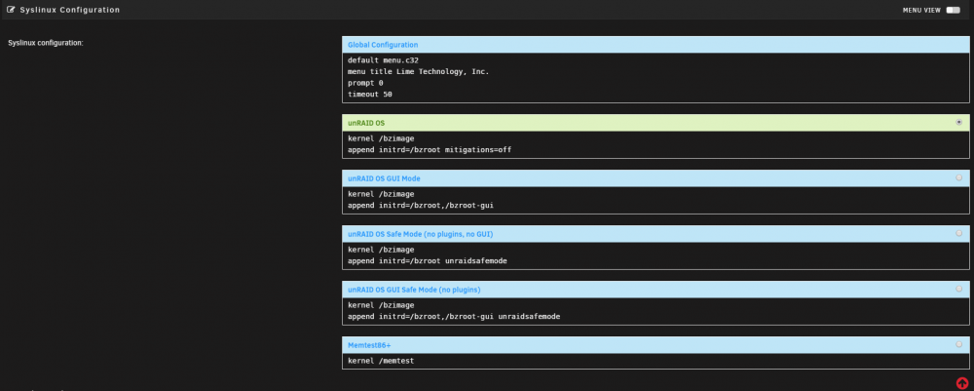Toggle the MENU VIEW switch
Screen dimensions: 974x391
(x=953, y=10)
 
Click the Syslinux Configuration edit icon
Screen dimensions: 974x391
(x=11, y=10)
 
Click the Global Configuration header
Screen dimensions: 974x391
(x=383, y=45)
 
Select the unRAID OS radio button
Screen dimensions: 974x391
(x=959, y=123)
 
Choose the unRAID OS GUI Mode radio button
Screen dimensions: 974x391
(x=959, y=177)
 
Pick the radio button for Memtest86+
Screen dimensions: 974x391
(x=959, y=344)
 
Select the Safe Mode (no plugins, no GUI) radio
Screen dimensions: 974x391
(x=959, y=233)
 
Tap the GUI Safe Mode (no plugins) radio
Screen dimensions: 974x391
(x=959, y=289)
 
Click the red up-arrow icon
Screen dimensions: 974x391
(x=962, y=383)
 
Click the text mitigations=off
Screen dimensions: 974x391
(x=478, y=150)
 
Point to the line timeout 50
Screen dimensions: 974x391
(x=370, y=95)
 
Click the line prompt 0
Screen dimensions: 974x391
(x=366, y=83)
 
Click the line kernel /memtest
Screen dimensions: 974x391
(x=381, y=361)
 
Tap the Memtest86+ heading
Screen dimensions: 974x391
(x=369, y=344)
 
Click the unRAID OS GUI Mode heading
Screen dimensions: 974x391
(x=384, y=178)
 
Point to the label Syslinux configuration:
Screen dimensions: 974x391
(x=46, y=43)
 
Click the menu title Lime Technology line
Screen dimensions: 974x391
(x=419, y=71)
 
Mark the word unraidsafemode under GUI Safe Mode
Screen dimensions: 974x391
(x=529, y=316)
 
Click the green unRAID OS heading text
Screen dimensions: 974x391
(x=366, y=123)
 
